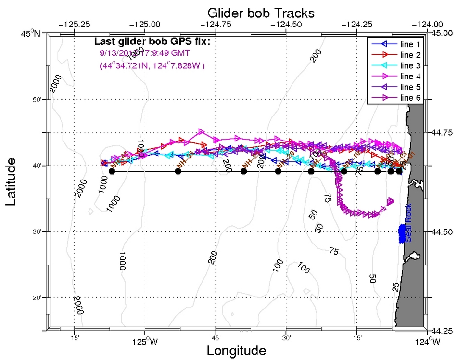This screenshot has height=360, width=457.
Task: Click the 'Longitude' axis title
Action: (236, 350)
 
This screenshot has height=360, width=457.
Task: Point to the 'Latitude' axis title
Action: (13, 183)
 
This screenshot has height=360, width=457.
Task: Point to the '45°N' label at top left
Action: (31, 33)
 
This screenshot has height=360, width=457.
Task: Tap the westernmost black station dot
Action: (112, 171)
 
